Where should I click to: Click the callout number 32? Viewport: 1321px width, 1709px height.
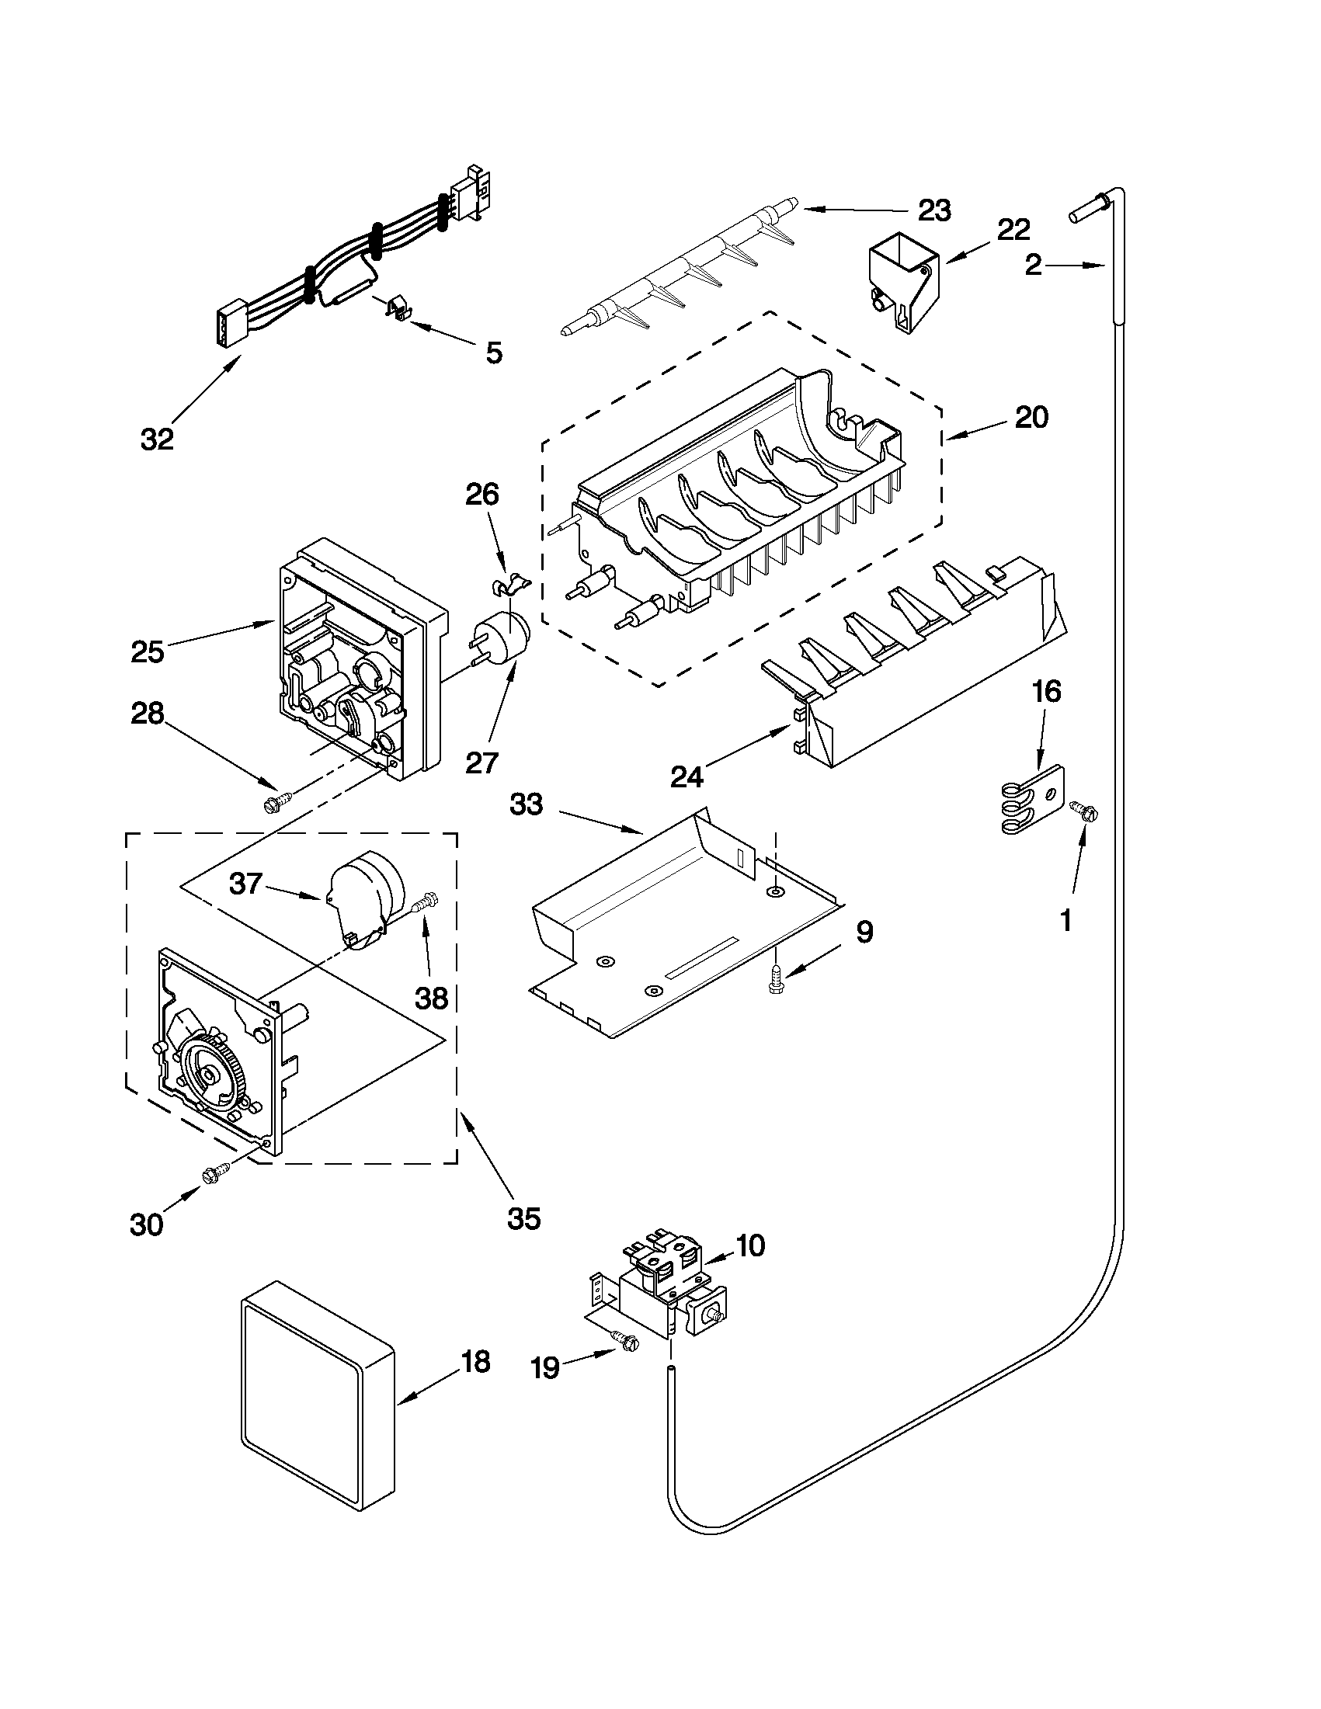[x=157, y=439]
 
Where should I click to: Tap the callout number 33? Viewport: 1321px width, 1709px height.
[x=526, y=804]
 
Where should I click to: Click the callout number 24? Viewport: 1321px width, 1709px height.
[x=687, y=776]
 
